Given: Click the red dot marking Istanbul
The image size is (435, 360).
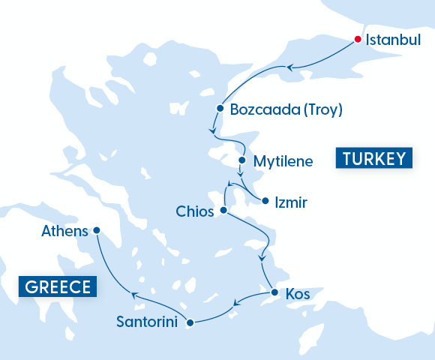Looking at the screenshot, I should point(358,40).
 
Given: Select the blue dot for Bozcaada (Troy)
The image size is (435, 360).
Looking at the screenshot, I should point(220,108).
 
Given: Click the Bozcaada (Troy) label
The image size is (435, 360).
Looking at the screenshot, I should point(286,109).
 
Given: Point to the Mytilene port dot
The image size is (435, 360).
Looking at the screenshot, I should point(241,160).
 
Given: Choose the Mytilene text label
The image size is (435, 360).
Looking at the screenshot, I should point(283,161).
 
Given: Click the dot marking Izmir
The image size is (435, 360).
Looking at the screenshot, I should point(265,200).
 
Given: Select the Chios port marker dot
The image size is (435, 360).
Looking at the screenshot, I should point(223,211).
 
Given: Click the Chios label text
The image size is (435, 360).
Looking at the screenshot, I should point(195,211).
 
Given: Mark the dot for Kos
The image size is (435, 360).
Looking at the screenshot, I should point(274,292).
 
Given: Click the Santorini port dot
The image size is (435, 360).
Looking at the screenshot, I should point(190,322).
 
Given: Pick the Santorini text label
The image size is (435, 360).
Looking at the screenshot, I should point(147,322).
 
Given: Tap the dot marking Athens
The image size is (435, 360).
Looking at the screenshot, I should point(96,230).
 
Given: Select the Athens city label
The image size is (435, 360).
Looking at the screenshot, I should point(65,231).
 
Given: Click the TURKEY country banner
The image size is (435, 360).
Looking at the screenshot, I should point(374,158).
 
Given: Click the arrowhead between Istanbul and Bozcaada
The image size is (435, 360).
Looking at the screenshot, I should point(289,68).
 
